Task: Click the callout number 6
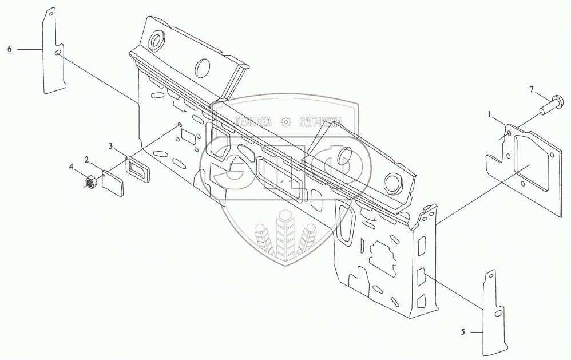(x=10, y=50)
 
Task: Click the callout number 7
(x=532, y=90)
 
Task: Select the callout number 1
(x=490, y=115)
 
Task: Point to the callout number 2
(x=86, y=159)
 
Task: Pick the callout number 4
(x=72, y=167)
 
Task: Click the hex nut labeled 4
(x=89, y=183)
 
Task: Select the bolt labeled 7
(x=549, y=105)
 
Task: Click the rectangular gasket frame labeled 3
(x=138, y=169)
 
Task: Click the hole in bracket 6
(x=58, y=53)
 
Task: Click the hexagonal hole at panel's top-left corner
(x=156, y=41)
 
